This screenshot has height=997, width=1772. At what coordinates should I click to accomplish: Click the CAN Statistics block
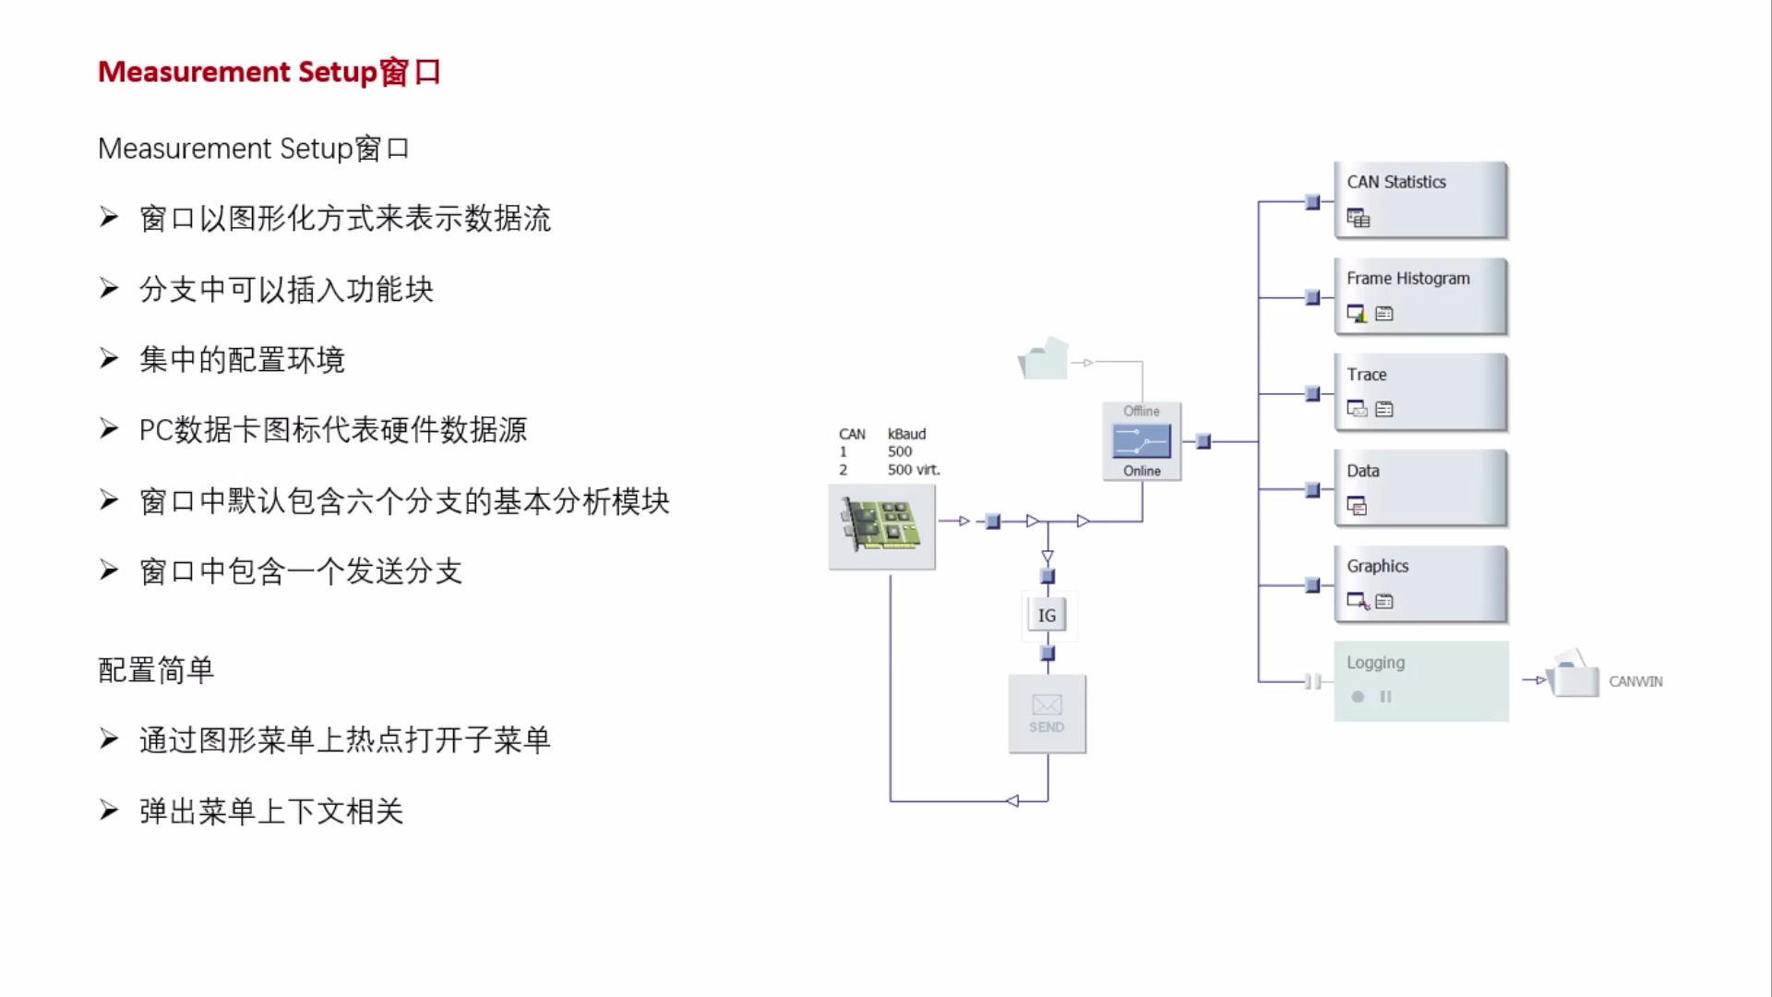(1419, 200)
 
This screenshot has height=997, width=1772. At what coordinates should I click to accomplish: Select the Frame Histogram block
(1419, 296)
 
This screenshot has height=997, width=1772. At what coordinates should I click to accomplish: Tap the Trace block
(1419, 392)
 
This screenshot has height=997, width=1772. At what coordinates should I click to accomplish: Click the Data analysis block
(1419, 488)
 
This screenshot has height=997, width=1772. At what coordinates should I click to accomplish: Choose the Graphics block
(1419, 584)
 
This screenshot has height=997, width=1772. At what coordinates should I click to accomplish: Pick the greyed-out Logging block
(1419, 681)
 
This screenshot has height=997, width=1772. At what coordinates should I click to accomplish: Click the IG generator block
(1047, 615)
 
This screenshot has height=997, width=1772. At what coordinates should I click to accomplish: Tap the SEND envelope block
(1047, 714)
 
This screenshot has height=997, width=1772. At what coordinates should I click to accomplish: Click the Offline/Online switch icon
(1142, 441)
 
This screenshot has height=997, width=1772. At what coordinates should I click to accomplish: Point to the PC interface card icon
(881, 526)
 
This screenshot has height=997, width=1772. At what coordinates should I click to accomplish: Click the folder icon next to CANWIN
(1574, 676)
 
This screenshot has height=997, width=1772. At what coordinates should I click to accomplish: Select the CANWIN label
(1635, 681)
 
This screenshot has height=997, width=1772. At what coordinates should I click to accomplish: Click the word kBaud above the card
(906, 434)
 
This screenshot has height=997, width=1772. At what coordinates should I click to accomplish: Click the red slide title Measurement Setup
(269, 72)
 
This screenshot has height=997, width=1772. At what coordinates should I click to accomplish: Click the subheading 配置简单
(156, 669)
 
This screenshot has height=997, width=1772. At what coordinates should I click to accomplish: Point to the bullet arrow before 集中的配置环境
(109, 358)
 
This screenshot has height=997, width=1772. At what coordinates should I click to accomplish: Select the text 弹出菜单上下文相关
(271, 811)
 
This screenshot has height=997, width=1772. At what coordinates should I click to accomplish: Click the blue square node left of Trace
(1312, 394)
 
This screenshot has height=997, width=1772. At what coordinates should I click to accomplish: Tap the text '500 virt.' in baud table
(914, 470)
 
